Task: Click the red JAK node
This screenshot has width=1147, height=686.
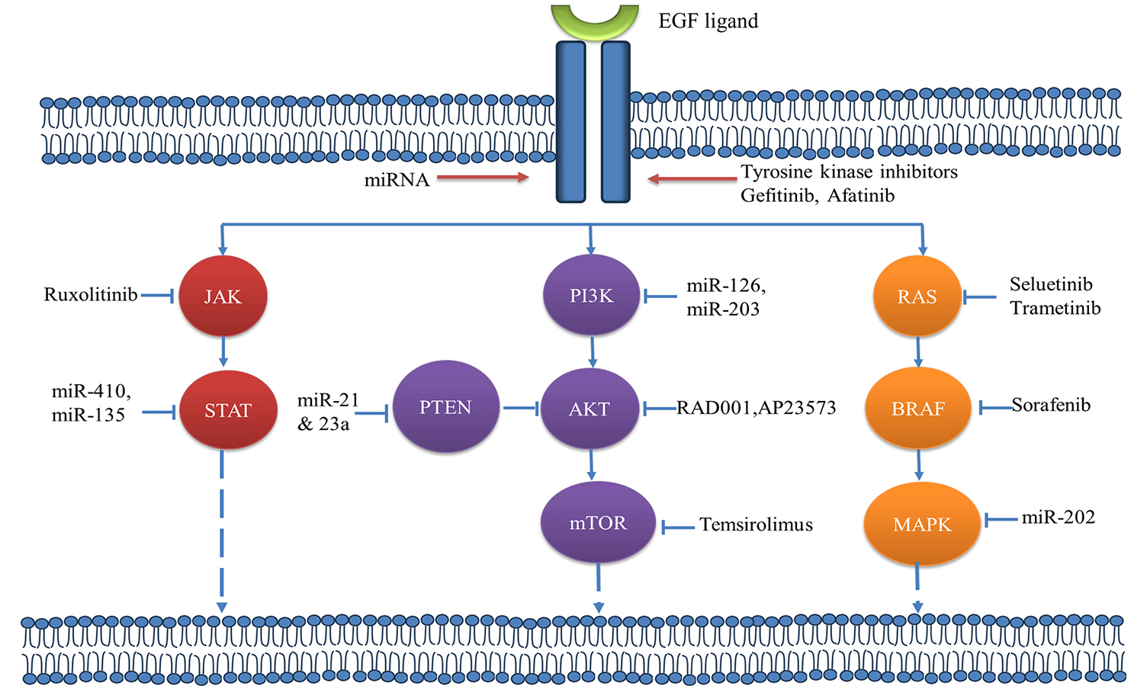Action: coord(223,297)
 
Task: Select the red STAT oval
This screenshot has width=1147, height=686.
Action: coord(228,410)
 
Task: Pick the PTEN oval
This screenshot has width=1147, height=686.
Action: coord(445,407)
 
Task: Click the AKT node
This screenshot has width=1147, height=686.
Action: coord(589,409)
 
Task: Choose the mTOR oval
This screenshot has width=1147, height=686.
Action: coord(598,523)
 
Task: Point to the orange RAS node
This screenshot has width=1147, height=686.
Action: coord(917,297)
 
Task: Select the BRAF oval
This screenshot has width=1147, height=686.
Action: coord(918,409)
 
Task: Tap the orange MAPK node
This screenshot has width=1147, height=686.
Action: coord(922,524)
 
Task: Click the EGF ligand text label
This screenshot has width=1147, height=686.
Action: coord(708,21)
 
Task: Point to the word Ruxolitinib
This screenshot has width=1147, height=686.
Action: coord(91,295)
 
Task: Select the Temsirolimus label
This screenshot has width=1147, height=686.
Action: coord(756,524)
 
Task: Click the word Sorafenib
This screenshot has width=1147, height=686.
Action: coord(1051,406)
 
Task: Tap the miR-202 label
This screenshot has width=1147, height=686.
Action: coord(1059,518)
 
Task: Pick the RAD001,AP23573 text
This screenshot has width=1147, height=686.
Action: coord(757,408)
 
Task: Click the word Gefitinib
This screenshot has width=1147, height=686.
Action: coord(779,196)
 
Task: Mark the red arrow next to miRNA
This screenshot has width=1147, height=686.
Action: coord(483,178)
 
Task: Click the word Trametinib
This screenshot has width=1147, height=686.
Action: coord(1055,308)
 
